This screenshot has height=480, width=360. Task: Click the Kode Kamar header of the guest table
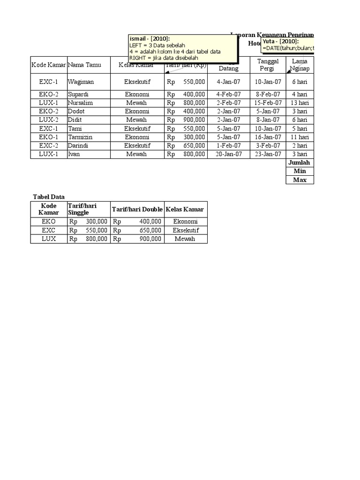click(x=49, y=65)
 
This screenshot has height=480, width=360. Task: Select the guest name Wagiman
click(x=81, y=82)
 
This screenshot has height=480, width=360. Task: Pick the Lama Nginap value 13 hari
click(x=300, y=103)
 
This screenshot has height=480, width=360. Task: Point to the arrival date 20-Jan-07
click(x=228, y=154)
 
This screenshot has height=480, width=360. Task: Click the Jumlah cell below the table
click(x=299, y=163)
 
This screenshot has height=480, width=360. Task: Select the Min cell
click(x=300, y=171)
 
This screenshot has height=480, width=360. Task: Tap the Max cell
click(x=300, y=180)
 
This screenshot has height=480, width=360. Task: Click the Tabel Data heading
click(x=48, y=196)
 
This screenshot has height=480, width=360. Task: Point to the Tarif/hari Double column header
click(x=137, y=209)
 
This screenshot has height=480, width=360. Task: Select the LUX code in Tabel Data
click(x=49, y=239)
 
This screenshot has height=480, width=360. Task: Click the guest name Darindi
click(x=78, y=146)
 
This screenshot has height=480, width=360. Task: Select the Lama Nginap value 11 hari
click(x=300, y=137)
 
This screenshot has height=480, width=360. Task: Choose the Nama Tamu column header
click(x=84, y=65)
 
